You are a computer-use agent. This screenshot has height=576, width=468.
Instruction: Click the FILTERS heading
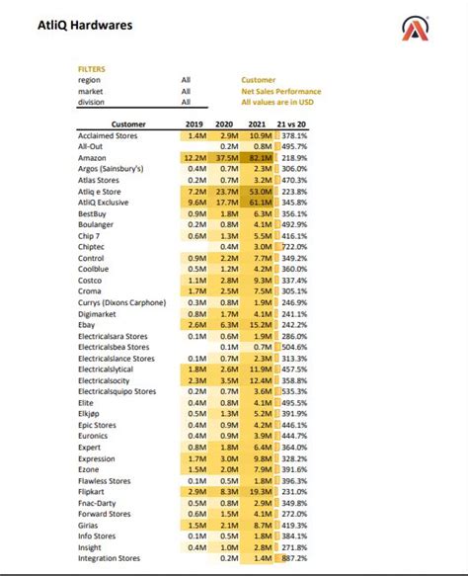91,69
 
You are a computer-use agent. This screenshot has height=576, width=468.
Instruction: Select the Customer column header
128,124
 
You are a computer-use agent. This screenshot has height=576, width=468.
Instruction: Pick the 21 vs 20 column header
293,124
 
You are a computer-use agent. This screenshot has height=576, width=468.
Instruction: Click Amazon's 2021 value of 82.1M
261,157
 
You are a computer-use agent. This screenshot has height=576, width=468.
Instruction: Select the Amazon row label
94,157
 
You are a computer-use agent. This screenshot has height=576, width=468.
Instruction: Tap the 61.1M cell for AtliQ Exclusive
261,201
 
